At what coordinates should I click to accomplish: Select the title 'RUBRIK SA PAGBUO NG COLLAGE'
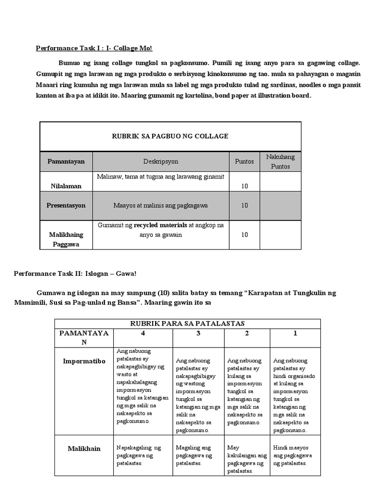click(x=170, y=136)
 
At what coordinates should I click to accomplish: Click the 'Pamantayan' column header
click(x=66, y=161)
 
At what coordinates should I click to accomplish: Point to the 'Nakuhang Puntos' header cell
click(x=280, y=161)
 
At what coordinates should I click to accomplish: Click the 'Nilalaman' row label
click(x=66, y=185)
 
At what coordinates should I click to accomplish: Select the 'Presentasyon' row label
click(x=66, y=205)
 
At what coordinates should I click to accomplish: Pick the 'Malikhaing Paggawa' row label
click(x=66, y=239)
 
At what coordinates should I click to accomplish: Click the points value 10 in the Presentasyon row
click(x=245, y=205)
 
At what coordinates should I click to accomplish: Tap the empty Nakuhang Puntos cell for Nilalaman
click(x=280, y=182)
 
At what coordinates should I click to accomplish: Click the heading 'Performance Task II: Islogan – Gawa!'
click(x=75, y=273)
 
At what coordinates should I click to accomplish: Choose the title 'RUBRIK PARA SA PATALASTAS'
click(x=187, y=323)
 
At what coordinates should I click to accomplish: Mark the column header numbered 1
click(x=295, y=333)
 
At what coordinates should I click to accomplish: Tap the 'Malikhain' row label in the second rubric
click(x=84, y=448)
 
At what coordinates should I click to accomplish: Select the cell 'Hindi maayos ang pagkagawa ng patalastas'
click(x=292, y=455)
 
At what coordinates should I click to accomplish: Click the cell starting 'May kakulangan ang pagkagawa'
click(x=246, y=459)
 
